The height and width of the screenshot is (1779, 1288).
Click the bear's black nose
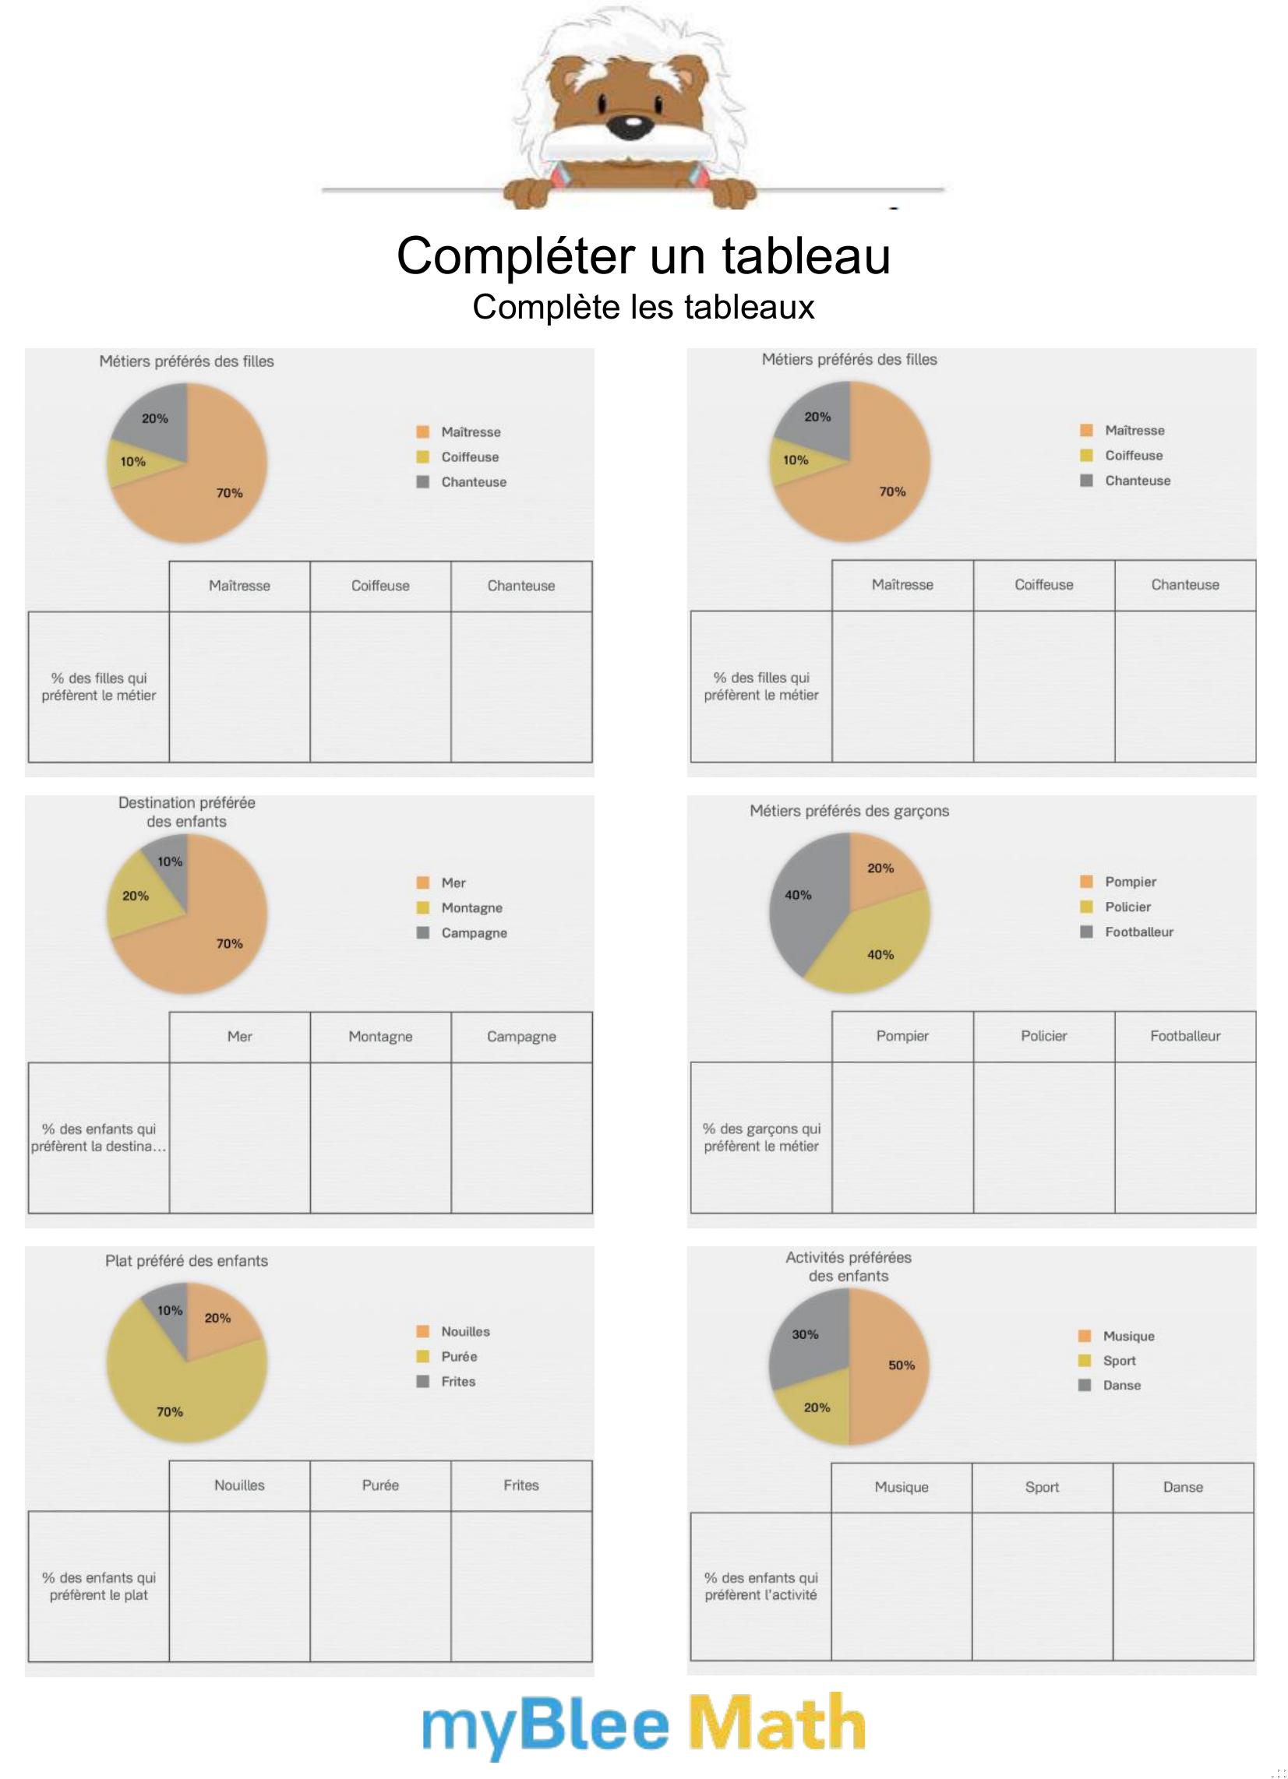(x=630, y=124)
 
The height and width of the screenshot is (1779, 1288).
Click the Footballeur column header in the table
(x=1184, y=1036)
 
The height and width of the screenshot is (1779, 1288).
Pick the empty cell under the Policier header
(x=1043, y=1136)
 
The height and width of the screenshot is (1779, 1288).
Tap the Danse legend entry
(x=1120, y=1385)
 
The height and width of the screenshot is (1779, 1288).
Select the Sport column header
(x=1042, y=1487)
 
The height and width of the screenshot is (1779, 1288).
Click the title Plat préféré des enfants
(x=186, y=1261)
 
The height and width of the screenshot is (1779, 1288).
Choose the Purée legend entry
(x=458, y=1356)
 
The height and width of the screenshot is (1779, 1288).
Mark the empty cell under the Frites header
(x=521, y=1586)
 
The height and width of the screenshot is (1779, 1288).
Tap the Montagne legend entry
(x=471, y=907)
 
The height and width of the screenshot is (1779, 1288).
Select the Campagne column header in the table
(x=521, y=1037)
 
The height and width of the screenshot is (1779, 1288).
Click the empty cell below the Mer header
(x=239, y=1137)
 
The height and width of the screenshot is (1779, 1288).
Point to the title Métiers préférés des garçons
(x=849, y=811)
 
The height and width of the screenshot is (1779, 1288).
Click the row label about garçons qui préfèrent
(x=760, y=1137)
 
